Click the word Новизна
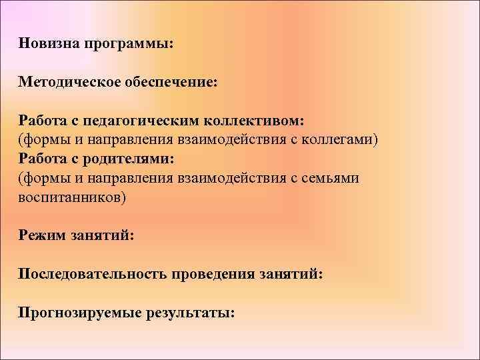(48, 43)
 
